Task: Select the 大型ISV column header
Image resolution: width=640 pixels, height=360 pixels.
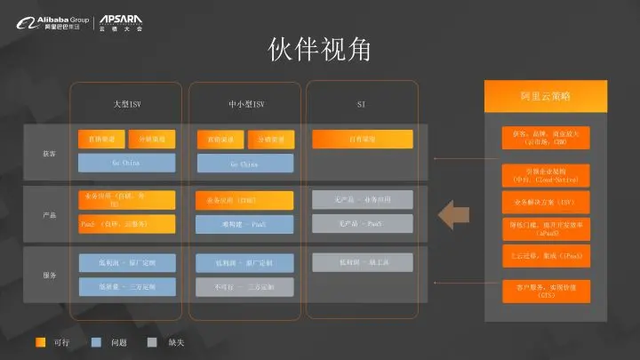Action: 127,105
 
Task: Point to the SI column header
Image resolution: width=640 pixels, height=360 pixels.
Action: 361,105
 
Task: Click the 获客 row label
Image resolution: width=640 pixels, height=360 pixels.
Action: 50,153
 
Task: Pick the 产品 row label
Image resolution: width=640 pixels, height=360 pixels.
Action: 50,215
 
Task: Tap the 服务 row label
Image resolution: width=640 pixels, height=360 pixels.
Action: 50,276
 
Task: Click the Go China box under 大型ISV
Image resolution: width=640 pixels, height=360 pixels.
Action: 127,163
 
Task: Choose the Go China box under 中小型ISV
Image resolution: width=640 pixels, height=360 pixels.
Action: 244,164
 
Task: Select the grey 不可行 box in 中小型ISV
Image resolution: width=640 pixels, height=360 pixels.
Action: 244,287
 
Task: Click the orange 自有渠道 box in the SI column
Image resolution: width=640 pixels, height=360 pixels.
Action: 361,140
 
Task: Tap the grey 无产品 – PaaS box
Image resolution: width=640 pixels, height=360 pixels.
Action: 361,223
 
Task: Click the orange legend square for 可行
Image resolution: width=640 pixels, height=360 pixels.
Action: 41,341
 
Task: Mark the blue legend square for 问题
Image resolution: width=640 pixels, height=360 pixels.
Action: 97,341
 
